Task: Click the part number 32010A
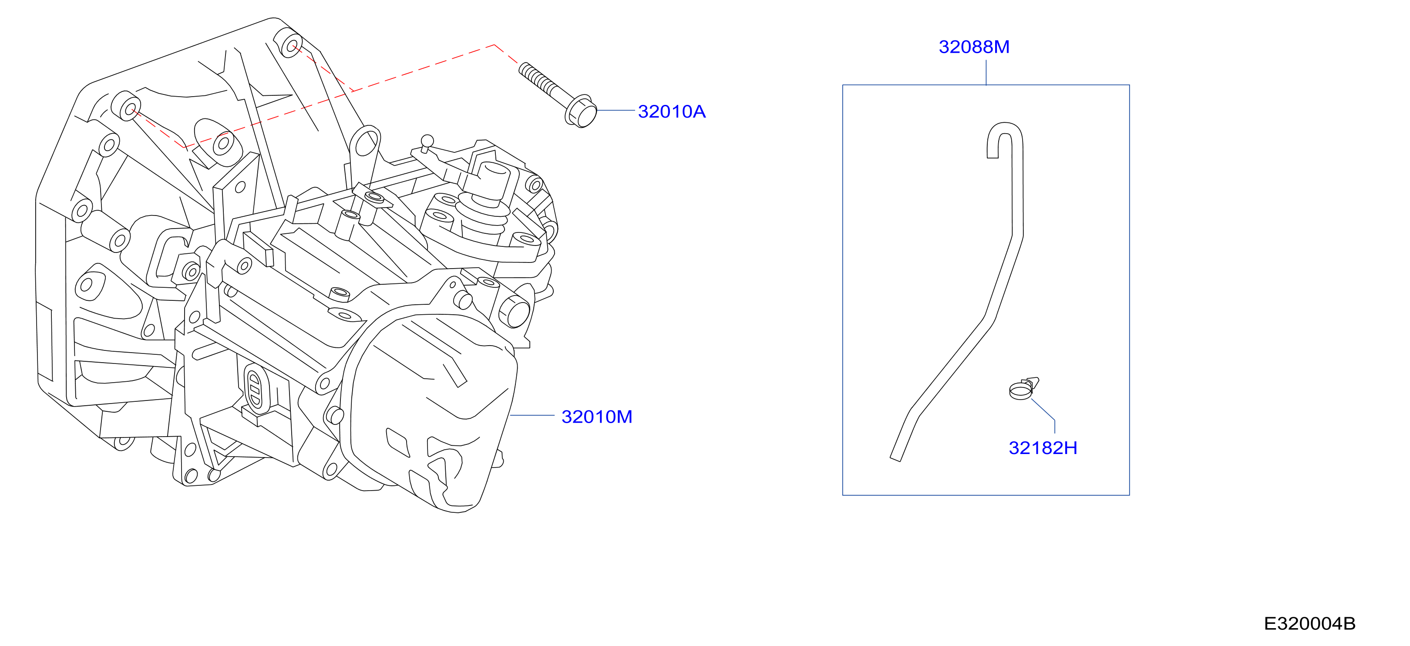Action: pos(672,112)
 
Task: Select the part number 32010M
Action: pos(597,417)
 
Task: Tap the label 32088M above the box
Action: pos(974,47)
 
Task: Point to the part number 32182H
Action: pos(1043,448)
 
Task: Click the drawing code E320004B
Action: pos(1309,623)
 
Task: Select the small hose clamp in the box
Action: pos(1023,389)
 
